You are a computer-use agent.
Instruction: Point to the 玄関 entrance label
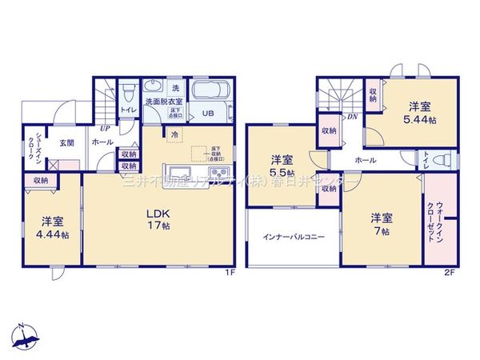coord(66,142)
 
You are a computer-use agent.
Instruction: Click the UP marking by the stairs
coord(105,127)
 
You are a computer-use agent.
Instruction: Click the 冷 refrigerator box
coord(174,136)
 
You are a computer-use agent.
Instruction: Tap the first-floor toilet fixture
coord(126,90)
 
